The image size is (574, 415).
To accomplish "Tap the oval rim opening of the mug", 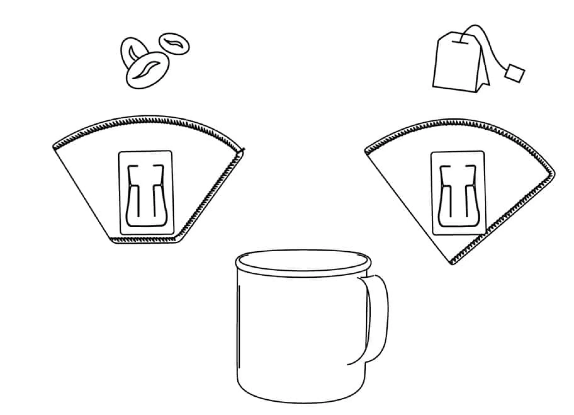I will [304, 260].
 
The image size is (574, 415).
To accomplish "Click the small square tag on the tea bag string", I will [515, 73].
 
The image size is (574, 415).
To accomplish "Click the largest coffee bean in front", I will [147, 70].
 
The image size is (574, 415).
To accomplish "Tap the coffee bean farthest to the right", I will [174, 44].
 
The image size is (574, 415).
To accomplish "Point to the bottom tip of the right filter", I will [452, 262].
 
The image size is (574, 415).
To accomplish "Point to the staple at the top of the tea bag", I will [460, 43].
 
